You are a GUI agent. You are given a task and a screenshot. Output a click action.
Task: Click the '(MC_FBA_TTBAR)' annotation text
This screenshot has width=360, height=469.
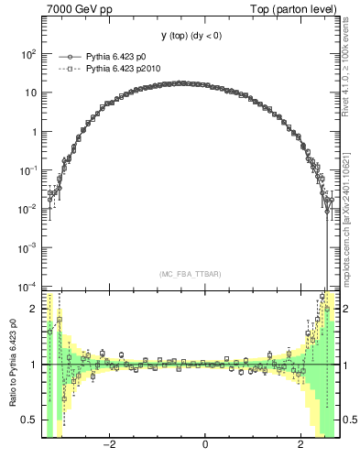pos(191,274)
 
